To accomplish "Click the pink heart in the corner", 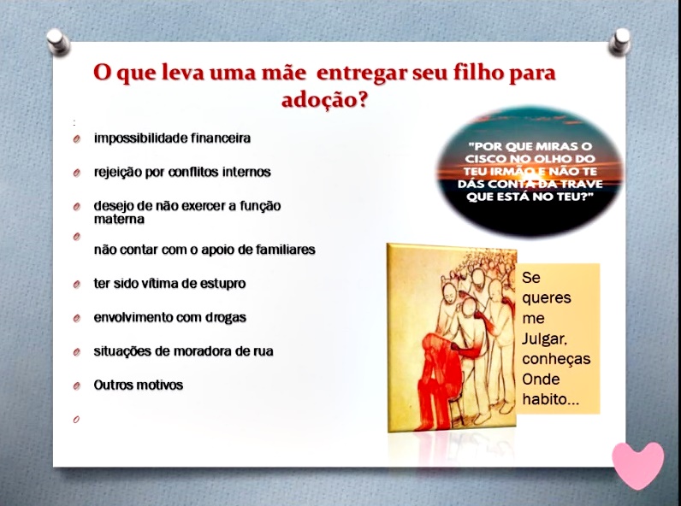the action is pyautogui.click(x=637, y=465).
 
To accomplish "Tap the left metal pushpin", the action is pyautogui.click(x=58, y=42).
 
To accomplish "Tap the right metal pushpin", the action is pyautogui.click(x=619, y=42).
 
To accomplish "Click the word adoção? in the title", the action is pyautogui.click(x=324, y=100).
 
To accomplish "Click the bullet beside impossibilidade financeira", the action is pyautogui.click(x=77, y=138).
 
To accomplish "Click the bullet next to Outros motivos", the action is pyautogui.click(x=77, y=385).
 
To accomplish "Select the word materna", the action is pyautogui.click(x=119, y=219).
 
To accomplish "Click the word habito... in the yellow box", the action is pyautogui.click(x=551, y=399).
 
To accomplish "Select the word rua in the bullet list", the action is pyautogui.click(x=264, y=351).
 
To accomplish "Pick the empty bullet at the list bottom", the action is pyautogui.click(x=76, y=420).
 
